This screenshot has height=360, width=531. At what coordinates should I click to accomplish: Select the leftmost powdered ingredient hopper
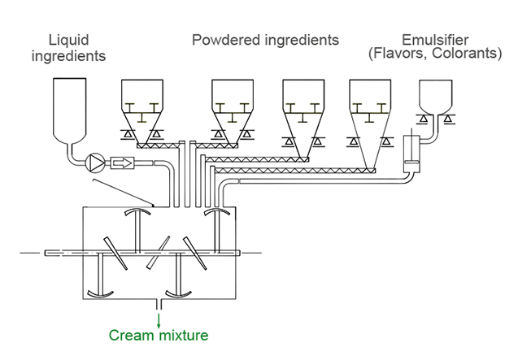click(x=146, y=109)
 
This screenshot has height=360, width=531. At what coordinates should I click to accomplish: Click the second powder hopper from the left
click(x=237, y=109)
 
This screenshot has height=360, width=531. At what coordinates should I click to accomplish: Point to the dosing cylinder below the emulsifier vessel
click(x=413, y=154)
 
